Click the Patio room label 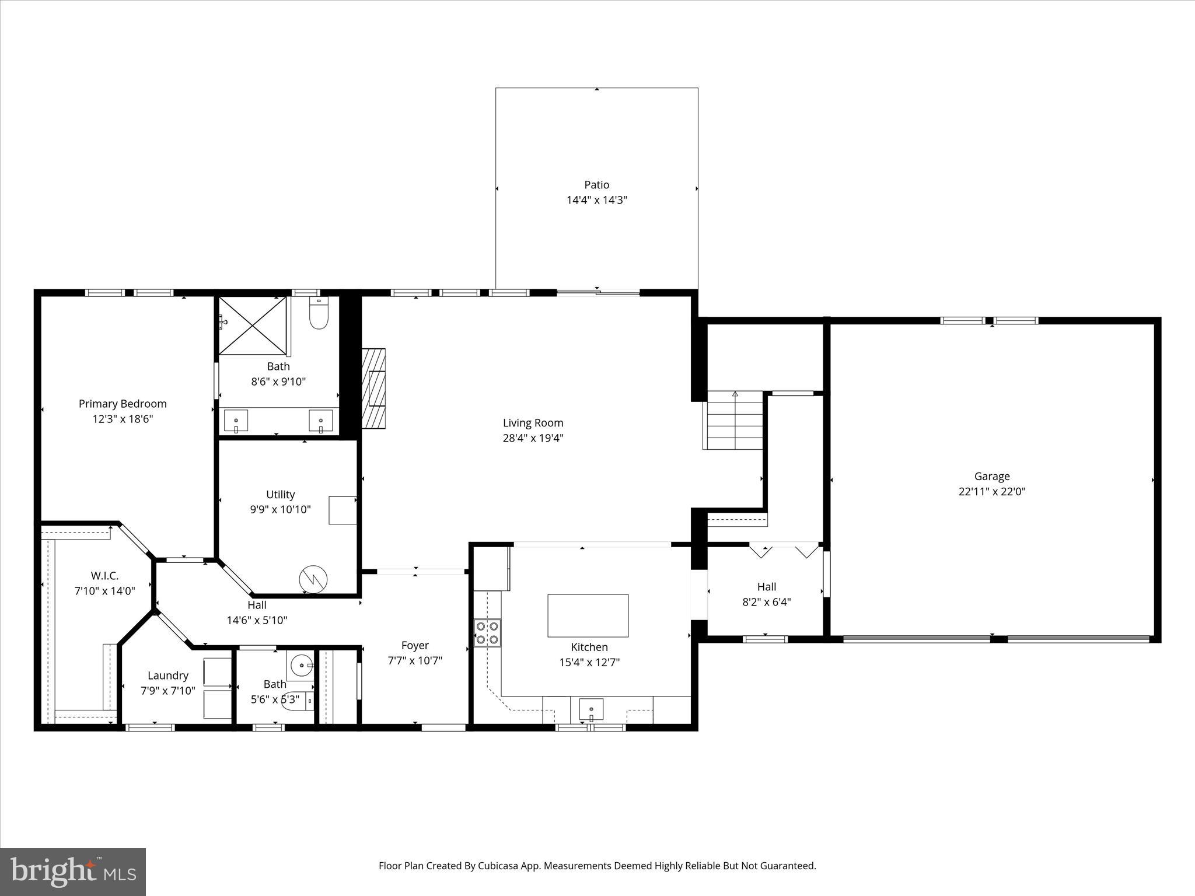pyautogui.click(x=596, y=185)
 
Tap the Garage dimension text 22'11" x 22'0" pyautogui.click(x=991, y=491)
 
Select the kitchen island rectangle pyautogui.click(x=588, y=615)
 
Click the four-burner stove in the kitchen pyautogui.click(x=487, y=632)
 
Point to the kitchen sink pyautogui.click(x=591, y=710)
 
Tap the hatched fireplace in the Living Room pyautogui.click(x=373, y=388)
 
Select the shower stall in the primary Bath pyautogui.click(x=253, y=325)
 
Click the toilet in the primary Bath pyautogui.click(x=319, y=315)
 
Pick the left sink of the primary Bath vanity pyautogui.click(x=236, y=421)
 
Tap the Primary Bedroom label pyautogui.click(x=123, y=404)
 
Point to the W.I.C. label pyautogui.click(x=104, y=576)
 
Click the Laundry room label pyautogui.click(x=167, y=675)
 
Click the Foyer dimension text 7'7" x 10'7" pyautogui.click(x=415, y=660)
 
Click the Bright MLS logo pyautogui.click(x=73, y=872)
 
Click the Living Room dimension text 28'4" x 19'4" pyautogui.click(x=533, y=438)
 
